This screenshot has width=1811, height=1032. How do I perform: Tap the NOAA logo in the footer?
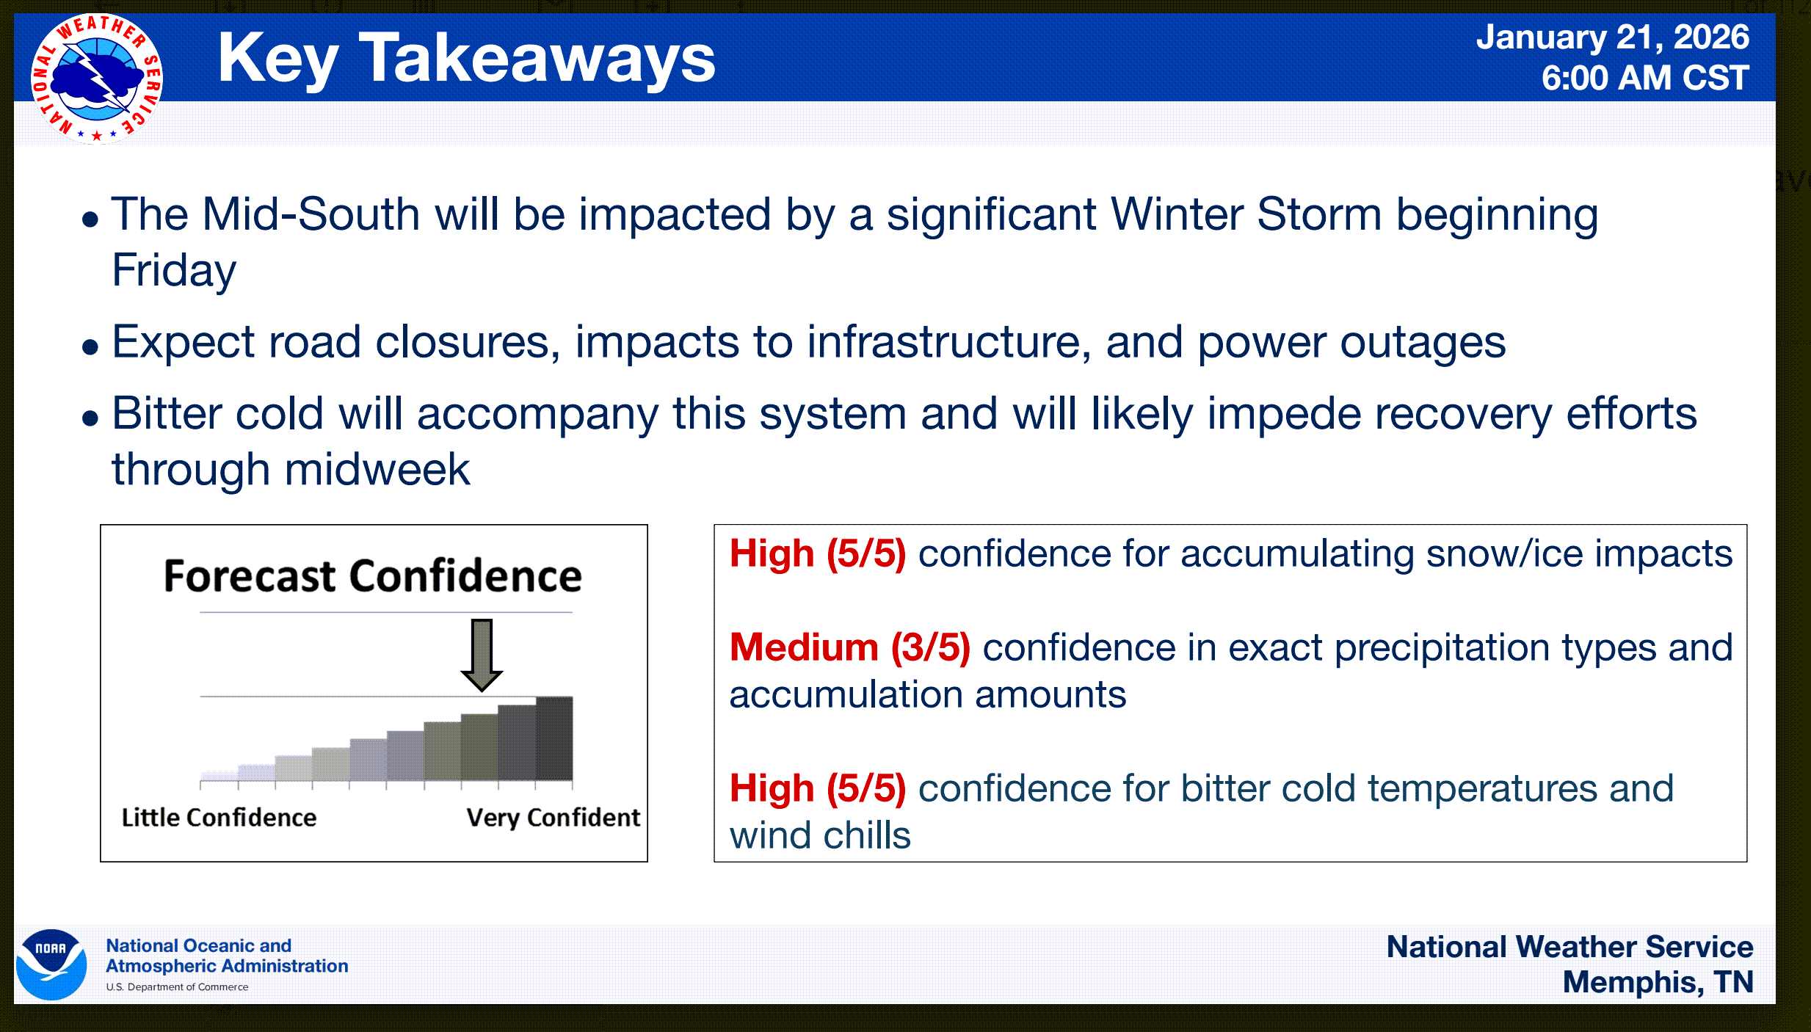coord(51,964)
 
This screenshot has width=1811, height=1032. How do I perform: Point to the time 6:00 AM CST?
coord(1645,78)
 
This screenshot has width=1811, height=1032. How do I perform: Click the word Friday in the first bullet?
coord(174,271)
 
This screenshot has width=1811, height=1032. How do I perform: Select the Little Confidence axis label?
coord(219,818)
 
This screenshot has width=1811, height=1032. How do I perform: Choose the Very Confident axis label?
coord(554,818)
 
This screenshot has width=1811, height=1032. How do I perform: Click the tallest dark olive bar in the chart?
coord(554,738)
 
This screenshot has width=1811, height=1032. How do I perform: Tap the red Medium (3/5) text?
coord(850,648)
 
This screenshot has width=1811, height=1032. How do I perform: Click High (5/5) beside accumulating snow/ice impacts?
coord(818,554)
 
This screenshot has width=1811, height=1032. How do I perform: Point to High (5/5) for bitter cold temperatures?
coord(818,789)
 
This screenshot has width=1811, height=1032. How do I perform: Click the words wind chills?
coord(820,836)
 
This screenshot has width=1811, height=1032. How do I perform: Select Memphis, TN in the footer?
coord(1658,983)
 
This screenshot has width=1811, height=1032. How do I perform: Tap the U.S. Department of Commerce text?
coord(177,987)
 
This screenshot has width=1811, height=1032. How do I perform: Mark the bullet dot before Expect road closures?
coord(90,346)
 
